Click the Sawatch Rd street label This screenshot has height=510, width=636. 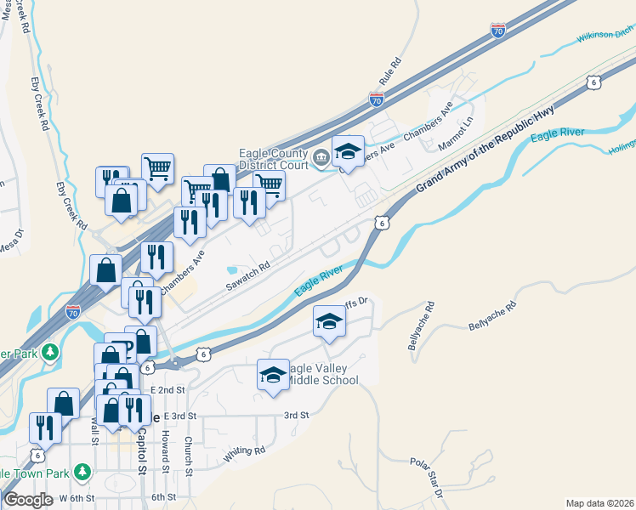pos(247,276)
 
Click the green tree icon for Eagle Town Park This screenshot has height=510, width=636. pos(82,471)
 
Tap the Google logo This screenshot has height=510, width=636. pos(28,500)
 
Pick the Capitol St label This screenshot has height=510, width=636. pos(142,451)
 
